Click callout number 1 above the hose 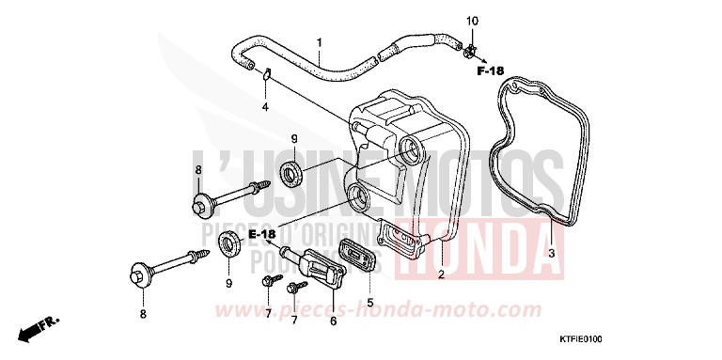319,43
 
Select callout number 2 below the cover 440,275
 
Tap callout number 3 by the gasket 552,255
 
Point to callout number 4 265,107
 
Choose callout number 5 369,304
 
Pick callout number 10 473,21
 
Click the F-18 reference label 490,70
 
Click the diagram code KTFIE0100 666,340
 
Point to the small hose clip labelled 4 266,74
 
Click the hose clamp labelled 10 467,45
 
